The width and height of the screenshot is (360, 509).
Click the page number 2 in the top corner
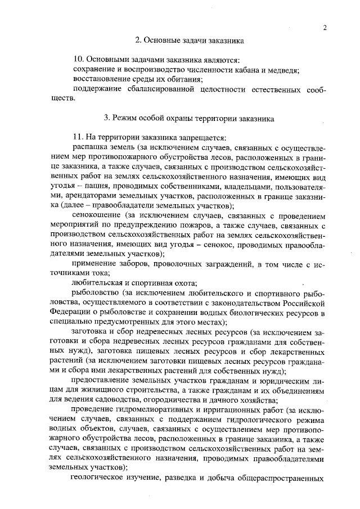tap(325, 29)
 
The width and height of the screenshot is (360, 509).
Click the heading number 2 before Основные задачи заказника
tap(138, 40)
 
